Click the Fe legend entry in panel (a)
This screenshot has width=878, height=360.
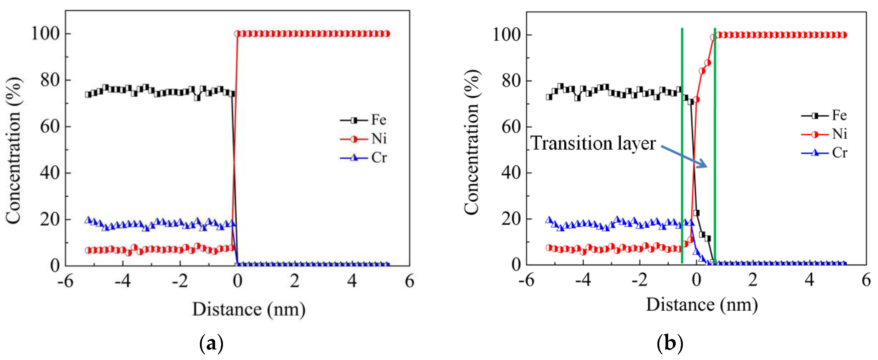coord(363,120)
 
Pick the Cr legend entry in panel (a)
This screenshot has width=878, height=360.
coord(363,158)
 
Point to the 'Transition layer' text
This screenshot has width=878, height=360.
coord(593,143)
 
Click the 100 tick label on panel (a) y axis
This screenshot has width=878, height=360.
coord(45,34)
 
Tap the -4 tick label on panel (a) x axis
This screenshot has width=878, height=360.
coord(122,281)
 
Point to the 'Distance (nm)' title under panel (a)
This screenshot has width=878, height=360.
coord(249,310)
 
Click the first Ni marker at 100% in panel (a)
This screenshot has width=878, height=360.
coord(238,34)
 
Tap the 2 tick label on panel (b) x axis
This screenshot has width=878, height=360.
coord(752,280)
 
